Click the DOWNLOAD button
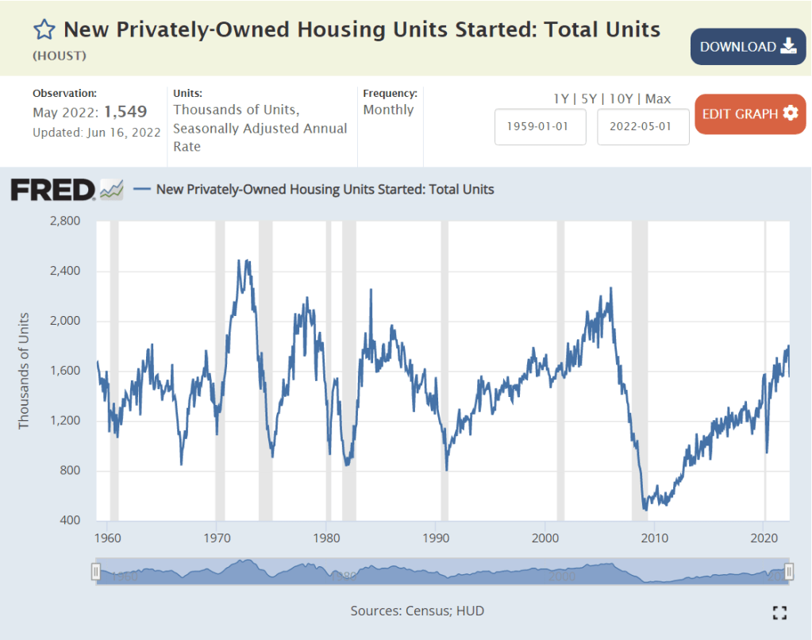point(748,47)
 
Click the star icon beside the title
point(44,30)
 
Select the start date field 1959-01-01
point(540,127)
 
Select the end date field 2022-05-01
point(643,127)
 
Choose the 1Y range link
point(561,99)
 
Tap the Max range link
point(658,99)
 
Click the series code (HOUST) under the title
point(60,56)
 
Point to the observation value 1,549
point(125,112)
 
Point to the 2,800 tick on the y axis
point(65,221)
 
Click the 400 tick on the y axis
point(70,521)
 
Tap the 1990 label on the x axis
point(436,537)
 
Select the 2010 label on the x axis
point(654,537)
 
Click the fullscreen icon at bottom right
point(779,611)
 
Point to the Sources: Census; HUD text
point(417,611)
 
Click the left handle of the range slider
point(95,572)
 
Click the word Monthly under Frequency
point(388,110)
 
